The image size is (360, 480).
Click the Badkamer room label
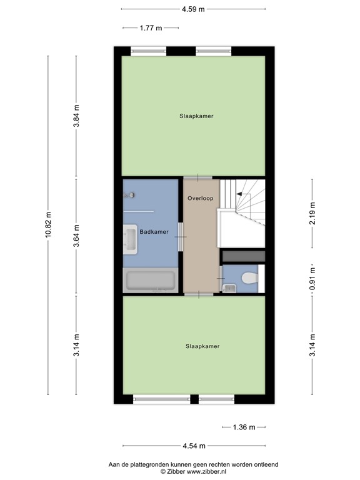[154, 232]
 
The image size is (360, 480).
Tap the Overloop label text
[200, 198]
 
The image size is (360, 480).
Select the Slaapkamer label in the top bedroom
[192, 116]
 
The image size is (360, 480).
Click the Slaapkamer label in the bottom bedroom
[202, 346]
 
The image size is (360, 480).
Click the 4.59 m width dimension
[193, 9]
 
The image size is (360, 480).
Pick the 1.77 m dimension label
[151, 28]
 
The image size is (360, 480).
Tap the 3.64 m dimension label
[76, 237]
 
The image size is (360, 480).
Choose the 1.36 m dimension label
[244, 427]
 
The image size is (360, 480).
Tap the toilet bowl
[249, 277]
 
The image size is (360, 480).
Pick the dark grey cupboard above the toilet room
[244, 256]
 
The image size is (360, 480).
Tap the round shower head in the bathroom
[132, 195]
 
